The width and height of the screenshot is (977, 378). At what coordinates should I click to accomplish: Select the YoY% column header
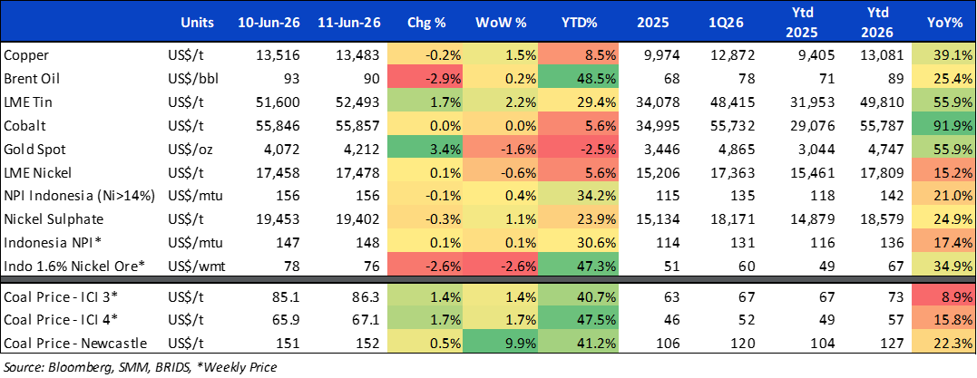click(944, 23)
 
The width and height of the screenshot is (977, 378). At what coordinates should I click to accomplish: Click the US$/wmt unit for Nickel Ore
click(192, 267)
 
